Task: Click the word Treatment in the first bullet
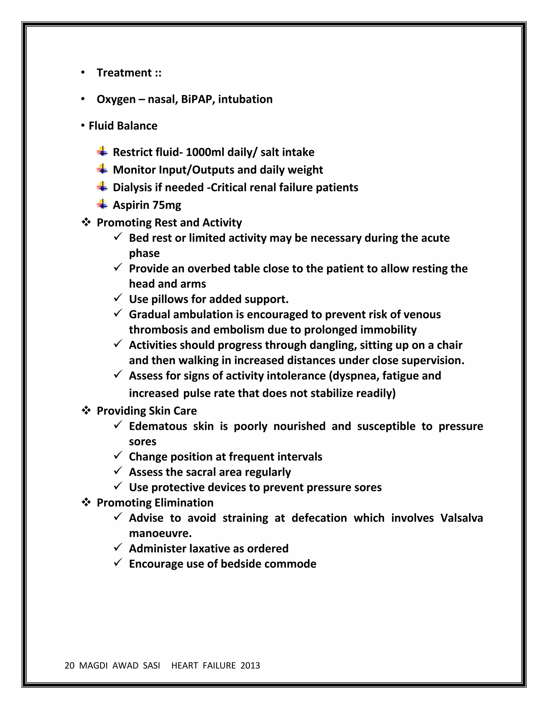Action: click(124, 73)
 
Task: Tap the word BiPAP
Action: click(196, 99)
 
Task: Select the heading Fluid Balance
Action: click(123, 126)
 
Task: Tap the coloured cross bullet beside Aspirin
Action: click(102, 204)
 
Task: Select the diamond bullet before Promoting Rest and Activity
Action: click(86, 222)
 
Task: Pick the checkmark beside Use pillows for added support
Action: click(117, 298)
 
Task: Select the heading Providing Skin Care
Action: click(147, 411)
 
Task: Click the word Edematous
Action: click(158, 426)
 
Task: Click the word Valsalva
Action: click(461, 518)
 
